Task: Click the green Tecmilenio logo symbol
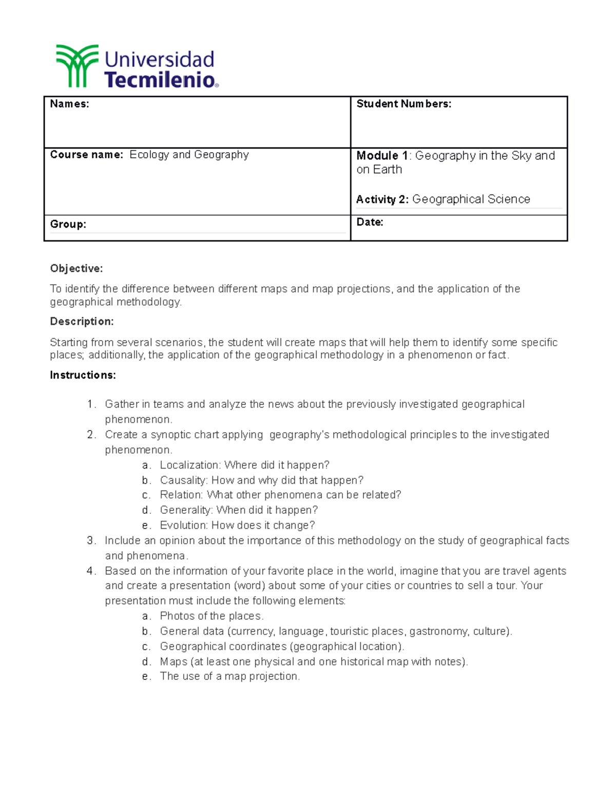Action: (77, 65)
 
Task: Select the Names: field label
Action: (69, 104)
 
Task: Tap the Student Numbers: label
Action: (403, 104)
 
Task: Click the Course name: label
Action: (86, 155)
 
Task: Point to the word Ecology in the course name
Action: (149, 155)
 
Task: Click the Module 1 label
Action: (382, 156)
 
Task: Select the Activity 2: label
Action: (382, 199)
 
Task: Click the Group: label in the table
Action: (68, 224)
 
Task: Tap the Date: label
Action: (370, 222)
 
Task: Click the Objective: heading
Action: (76, 268)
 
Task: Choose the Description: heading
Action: (82, 321)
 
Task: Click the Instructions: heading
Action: (83, 375)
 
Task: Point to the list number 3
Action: (91, 541)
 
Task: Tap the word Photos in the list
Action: (175, 616)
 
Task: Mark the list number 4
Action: (91, 571)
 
